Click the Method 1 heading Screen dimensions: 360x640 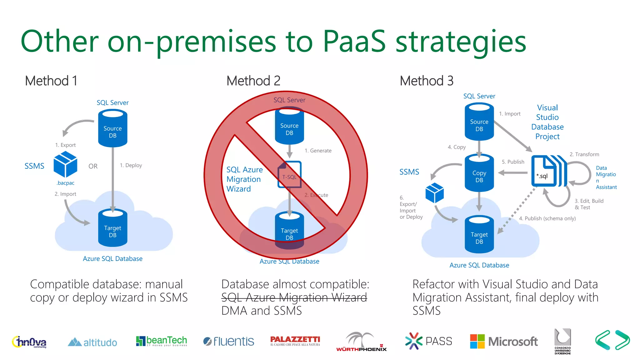pyautogui.click(x=51, y=81)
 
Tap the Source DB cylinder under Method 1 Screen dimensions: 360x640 pyautogui.click(x=112, y=128)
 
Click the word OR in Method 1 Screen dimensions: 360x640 pyautogui.click(x=93, y=166)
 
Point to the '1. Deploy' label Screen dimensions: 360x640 pyautogui.click(x=131, y=165)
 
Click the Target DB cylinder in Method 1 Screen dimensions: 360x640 pyautogui.click(x=112, y=228)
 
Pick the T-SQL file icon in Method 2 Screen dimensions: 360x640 pyautogui.click(x=289, y=175)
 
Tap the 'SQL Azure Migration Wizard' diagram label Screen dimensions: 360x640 pyautogui.click(x=244, y=179)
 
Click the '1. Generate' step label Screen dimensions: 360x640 pyautogui.click(x=318, y=151)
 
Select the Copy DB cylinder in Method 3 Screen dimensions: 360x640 pyautogui.click(x=479, y=173)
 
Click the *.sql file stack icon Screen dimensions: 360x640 pyautogui.click(x=548, y=171)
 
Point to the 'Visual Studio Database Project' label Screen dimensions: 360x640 pyautogui.click(x=547, y=122)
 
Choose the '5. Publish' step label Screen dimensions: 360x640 pyautogui.click(x=513, y=162)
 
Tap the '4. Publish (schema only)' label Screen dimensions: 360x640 pyautogui.click(x=547, y=218)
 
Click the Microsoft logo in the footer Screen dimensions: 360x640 pyautogui.click(x=503, y=341)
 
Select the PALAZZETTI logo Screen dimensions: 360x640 pyautogui.click(x=295, y=341)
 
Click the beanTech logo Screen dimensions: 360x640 pyautogui.click(x=161, y=341)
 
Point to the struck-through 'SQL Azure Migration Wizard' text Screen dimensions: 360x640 pyautogui.click(x=294, y=297)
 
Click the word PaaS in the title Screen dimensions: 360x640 pyautogui.click(x=354, y=42)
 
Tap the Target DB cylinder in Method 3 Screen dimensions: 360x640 pyautogui.click(x=479, y=235)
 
